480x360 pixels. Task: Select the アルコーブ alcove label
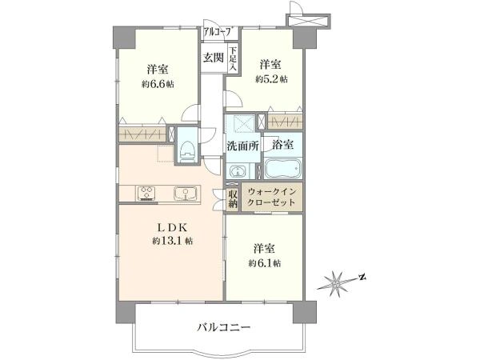click(x=218, y=31)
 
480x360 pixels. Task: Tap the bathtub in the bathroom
click(x=282, y=170)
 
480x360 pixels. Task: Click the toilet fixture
click(x=186, y=149)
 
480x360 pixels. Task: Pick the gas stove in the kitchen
click(x=148, y=192)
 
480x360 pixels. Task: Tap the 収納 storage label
click(x=232, y=199)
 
